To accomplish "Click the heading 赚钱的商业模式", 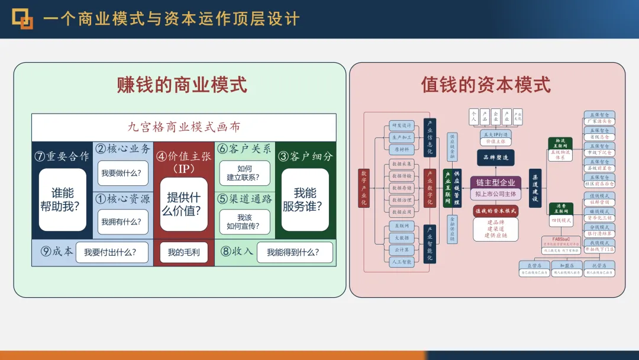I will pos(182,85).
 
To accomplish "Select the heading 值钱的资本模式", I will pos(486,85).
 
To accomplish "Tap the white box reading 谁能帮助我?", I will pos(63,200).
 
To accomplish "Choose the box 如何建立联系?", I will pos(244,173).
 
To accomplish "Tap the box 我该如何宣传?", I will pos(244,221).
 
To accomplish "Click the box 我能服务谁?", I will pos(305,200).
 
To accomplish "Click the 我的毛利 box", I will pos(183,253).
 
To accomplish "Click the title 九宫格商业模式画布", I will pos(184,127).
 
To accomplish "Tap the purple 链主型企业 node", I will pos(496,182).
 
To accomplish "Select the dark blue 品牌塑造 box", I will pos(496,157).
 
